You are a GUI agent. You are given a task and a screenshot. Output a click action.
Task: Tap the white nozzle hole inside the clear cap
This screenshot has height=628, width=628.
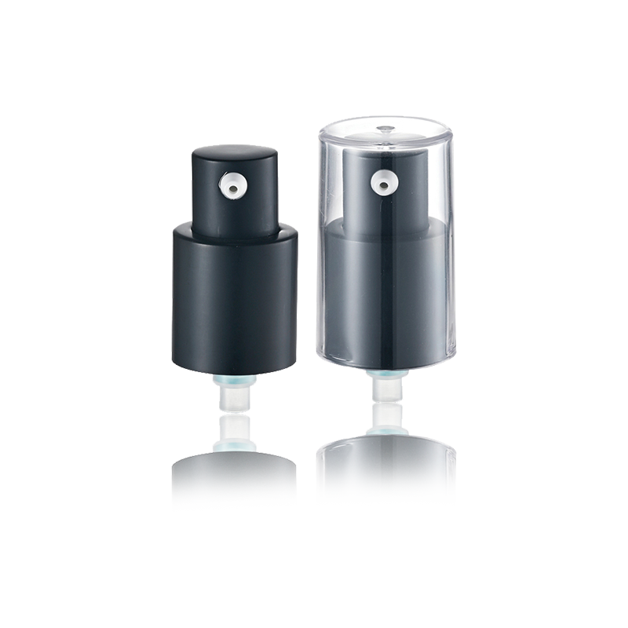[x=383, y=184]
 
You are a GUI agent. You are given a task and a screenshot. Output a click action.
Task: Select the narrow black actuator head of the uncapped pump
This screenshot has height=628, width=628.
[x=234, y=204]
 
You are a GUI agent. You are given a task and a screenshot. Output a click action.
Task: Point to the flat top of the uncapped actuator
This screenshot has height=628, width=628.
[x=234, y=150]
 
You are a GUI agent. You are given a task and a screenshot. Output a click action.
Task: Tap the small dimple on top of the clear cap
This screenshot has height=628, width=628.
[x=385, y=128]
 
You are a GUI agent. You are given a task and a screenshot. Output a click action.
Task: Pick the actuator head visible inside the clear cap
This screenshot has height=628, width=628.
[x=385, y=196]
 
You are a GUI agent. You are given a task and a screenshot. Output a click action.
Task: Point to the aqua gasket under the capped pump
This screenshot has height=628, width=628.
[x=384, y=378]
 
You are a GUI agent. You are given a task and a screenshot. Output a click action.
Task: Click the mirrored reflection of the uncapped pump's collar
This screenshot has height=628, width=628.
[x=234, y=483]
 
